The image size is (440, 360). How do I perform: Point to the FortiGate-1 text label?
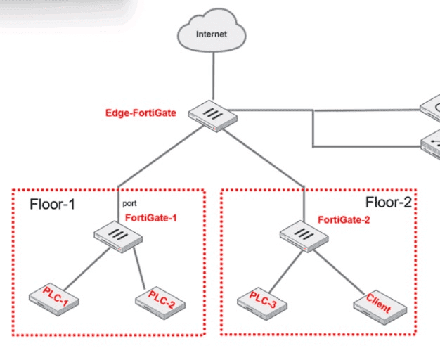pos(150,218)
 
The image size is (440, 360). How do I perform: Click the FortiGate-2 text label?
pos(344,220)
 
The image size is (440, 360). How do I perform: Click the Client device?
pos(380,304)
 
